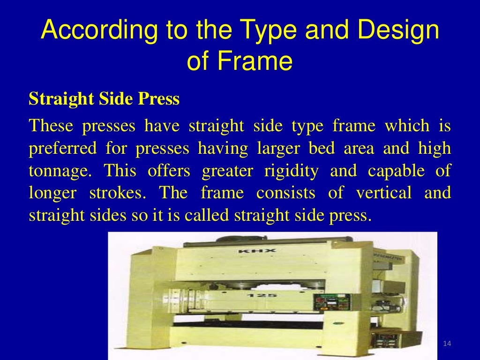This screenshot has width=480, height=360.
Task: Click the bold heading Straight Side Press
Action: pos(104,99)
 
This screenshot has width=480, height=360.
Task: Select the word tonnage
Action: pos(61,171)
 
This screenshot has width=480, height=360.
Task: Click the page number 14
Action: pos(446,345)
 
